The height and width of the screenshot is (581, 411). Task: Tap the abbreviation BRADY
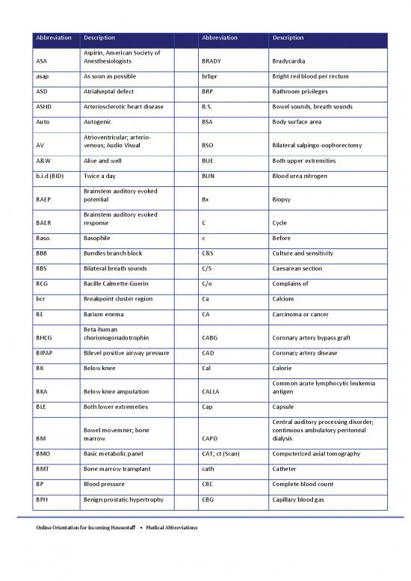[212, 61]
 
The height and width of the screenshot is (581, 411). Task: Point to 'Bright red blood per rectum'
[310, 76]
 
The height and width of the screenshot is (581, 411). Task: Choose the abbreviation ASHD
[44, 106]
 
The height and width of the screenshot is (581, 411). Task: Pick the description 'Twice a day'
[101, 176]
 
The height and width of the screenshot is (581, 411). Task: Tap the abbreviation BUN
[209, 176]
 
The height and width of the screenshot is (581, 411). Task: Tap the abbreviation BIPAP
[45, 352]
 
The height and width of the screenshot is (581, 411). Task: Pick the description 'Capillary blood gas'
[300, 499]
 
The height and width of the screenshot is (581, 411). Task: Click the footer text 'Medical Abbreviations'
[167, 528]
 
